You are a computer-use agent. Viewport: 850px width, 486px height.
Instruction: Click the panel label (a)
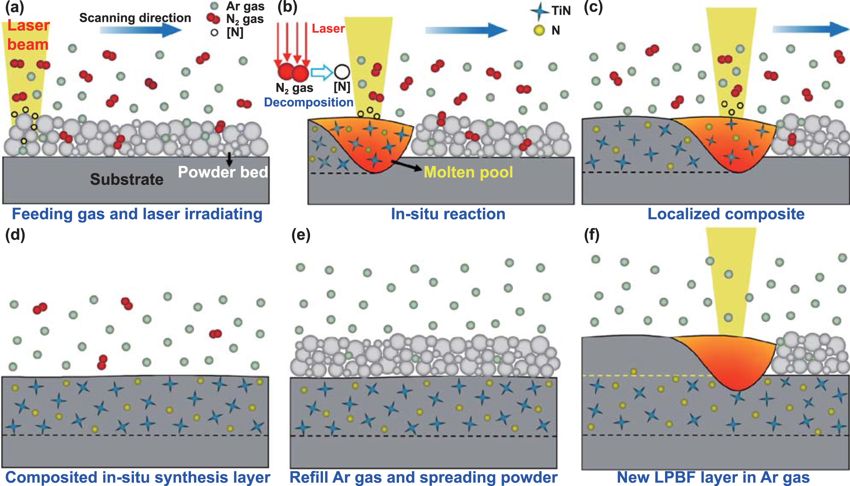tap(15, 7)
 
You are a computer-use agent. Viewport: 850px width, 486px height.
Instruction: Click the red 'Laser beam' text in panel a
tap(28, 35)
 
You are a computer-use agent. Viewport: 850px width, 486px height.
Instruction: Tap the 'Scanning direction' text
tap(135, 18)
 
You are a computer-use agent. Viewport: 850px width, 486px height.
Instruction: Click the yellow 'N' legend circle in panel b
tap(539, 30)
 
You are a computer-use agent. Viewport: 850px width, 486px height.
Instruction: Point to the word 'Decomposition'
tap(308, 102)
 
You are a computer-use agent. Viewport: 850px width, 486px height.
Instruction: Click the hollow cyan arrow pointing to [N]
tap(321, 72)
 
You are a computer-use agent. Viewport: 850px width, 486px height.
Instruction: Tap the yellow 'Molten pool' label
tap(468, 172)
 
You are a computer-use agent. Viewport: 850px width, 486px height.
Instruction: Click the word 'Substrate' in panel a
tap(127, 179)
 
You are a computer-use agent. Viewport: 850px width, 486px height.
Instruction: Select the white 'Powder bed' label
tap(223, 172)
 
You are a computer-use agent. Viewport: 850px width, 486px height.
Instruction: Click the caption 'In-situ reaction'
tap(448, 214)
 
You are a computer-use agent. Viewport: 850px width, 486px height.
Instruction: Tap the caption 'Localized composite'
tap(726, 214)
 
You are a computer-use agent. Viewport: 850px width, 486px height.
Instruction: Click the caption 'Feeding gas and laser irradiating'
tap(137, 214)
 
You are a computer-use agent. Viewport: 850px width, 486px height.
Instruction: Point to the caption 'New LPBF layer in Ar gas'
tap(713, 477)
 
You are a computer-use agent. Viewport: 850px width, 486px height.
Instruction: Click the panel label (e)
tap(301, 235)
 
